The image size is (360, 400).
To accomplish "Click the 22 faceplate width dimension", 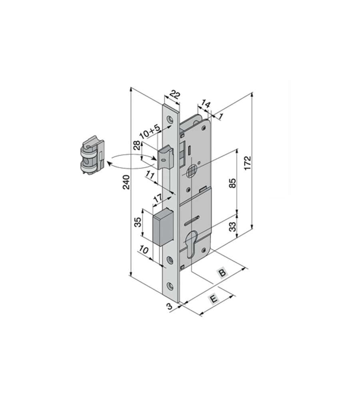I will [x=174, y=95].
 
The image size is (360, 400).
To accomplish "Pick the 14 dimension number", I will [x=205, y=104].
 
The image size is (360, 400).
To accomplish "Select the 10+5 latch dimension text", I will [x=150, y=131].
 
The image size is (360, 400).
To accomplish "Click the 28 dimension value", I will [x=136, y=146].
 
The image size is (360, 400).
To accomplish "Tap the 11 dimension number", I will [x=150, y=174].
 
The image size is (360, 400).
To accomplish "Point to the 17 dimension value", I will [x=158, y=198].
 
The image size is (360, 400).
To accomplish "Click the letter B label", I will [x=222, y=273].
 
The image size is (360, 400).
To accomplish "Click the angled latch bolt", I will [x=166, y=158].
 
